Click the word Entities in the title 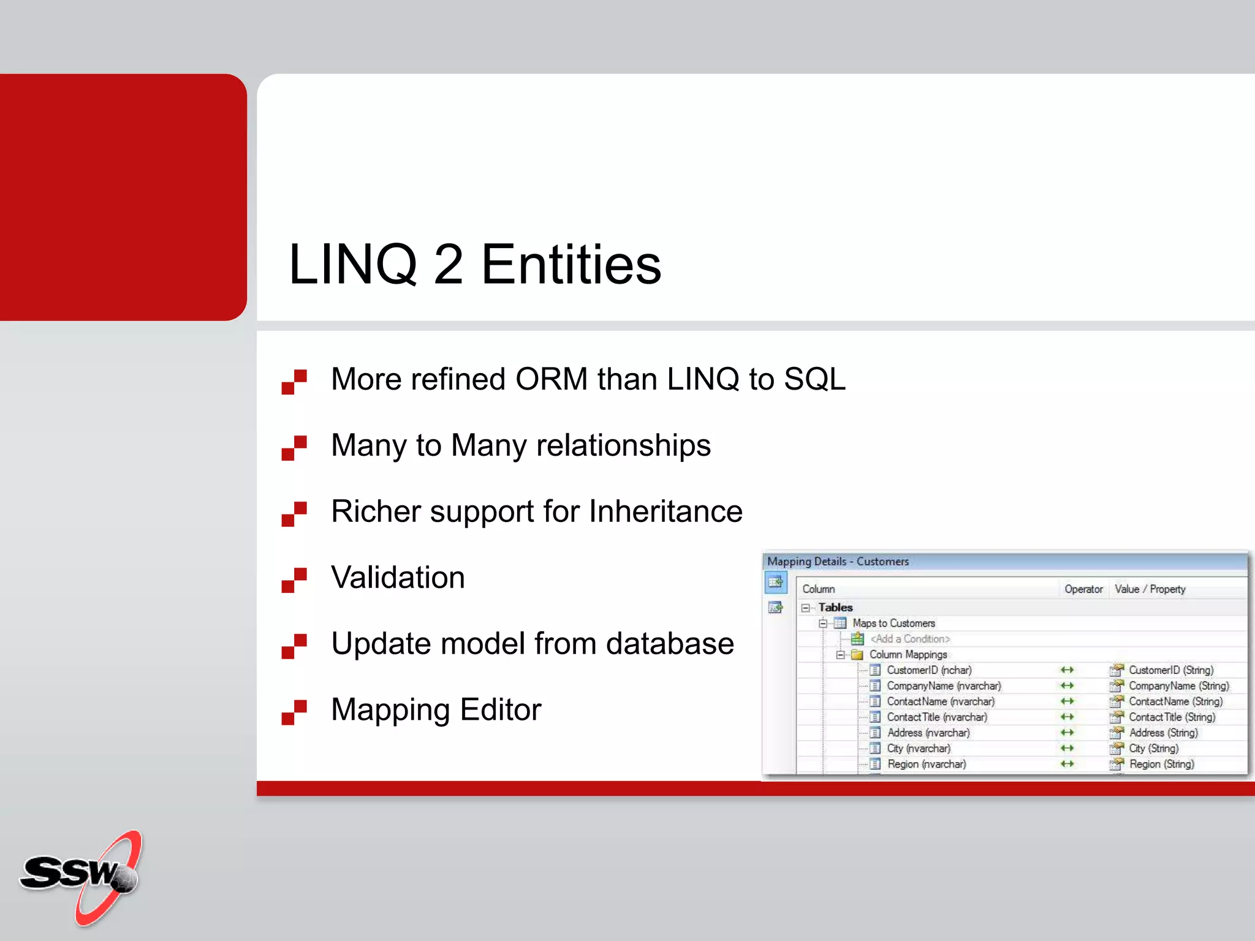pyautogui.click(x=571, y=265)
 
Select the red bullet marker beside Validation pyautogui.click(x=294, y=580)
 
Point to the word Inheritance pyautogui.click(x=665, y=512)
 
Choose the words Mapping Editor pyautogui.click(x=436, y=710)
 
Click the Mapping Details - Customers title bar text pyautogui.click(x=838, y=561)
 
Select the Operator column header pyautogui.click(x=1083, y=589)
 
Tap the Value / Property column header pyautogui.click(x=1150, y=589)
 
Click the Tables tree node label pyautogui.click(x=835, y=608)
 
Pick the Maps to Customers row pyautogui.click(x=893, y=623)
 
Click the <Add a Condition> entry pyautogui.click(x=910, y=639)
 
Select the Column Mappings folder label pyautogui.click(x=908, y=654)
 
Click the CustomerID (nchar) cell pyautogui.click(x=929, y=670)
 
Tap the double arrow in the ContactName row pyautogui.click(x=1067, y=701)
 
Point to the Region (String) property pyautogui.click(x=1161, y=764)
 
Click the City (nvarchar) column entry pyautogui.click(x=919, y=749)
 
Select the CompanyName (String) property pyautogui.click(x=1178, y=686)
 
